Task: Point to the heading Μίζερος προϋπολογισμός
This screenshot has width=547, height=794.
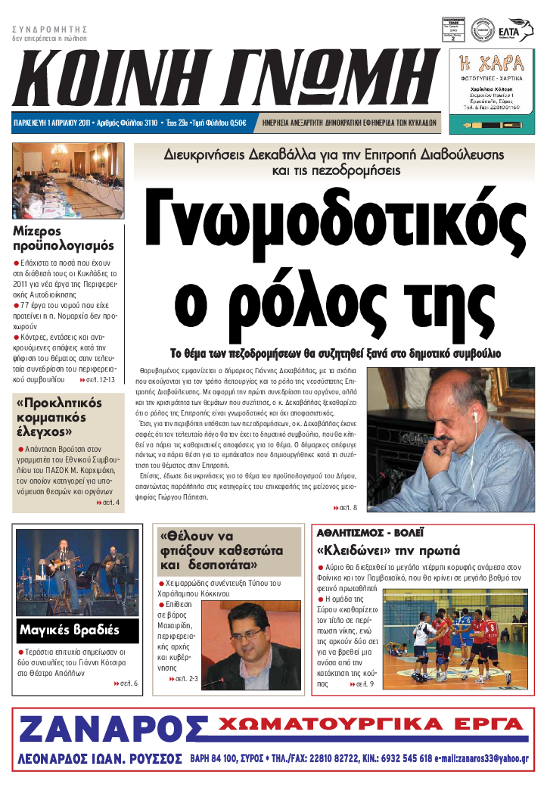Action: (64, 238)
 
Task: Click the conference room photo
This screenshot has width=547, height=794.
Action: (68, 181)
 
